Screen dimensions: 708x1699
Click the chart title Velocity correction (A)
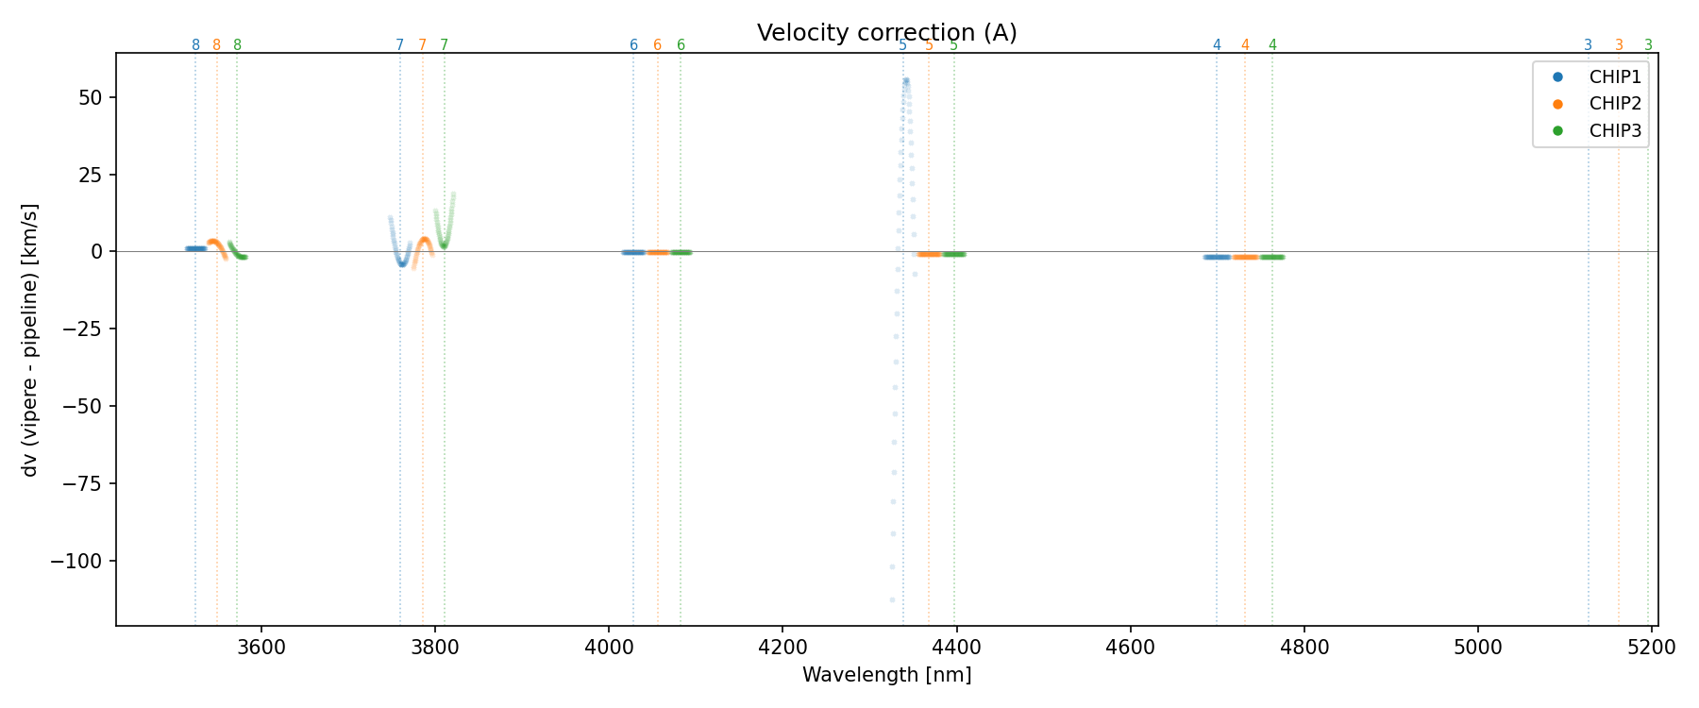point(886,33)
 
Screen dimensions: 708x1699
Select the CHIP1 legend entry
point(1615,77)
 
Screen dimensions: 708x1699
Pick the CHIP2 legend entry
point(1615,104)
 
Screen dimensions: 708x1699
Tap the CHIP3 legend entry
point(1615,131)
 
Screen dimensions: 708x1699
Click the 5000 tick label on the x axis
point(1477,648)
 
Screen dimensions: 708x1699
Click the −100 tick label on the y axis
point(84,562)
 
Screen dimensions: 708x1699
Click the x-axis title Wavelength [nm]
point(886,675)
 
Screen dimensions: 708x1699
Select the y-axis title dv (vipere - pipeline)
point(30,339)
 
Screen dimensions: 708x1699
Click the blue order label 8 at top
point(195,45)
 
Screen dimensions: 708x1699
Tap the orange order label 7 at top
point(422,45)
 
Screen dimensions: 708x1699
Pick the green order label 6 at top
point(681,45)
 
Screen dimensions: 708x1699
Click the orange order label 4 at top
point(1245,45)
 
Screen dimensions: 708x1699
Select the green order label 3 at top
point(1648,45)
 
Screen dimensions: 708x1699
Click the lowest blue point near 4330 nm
point(892,599)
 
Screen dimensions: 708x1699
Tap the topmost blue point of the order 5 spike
point(906,81)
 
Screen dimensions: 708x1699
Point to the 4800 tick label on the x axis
point(1304,648)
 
